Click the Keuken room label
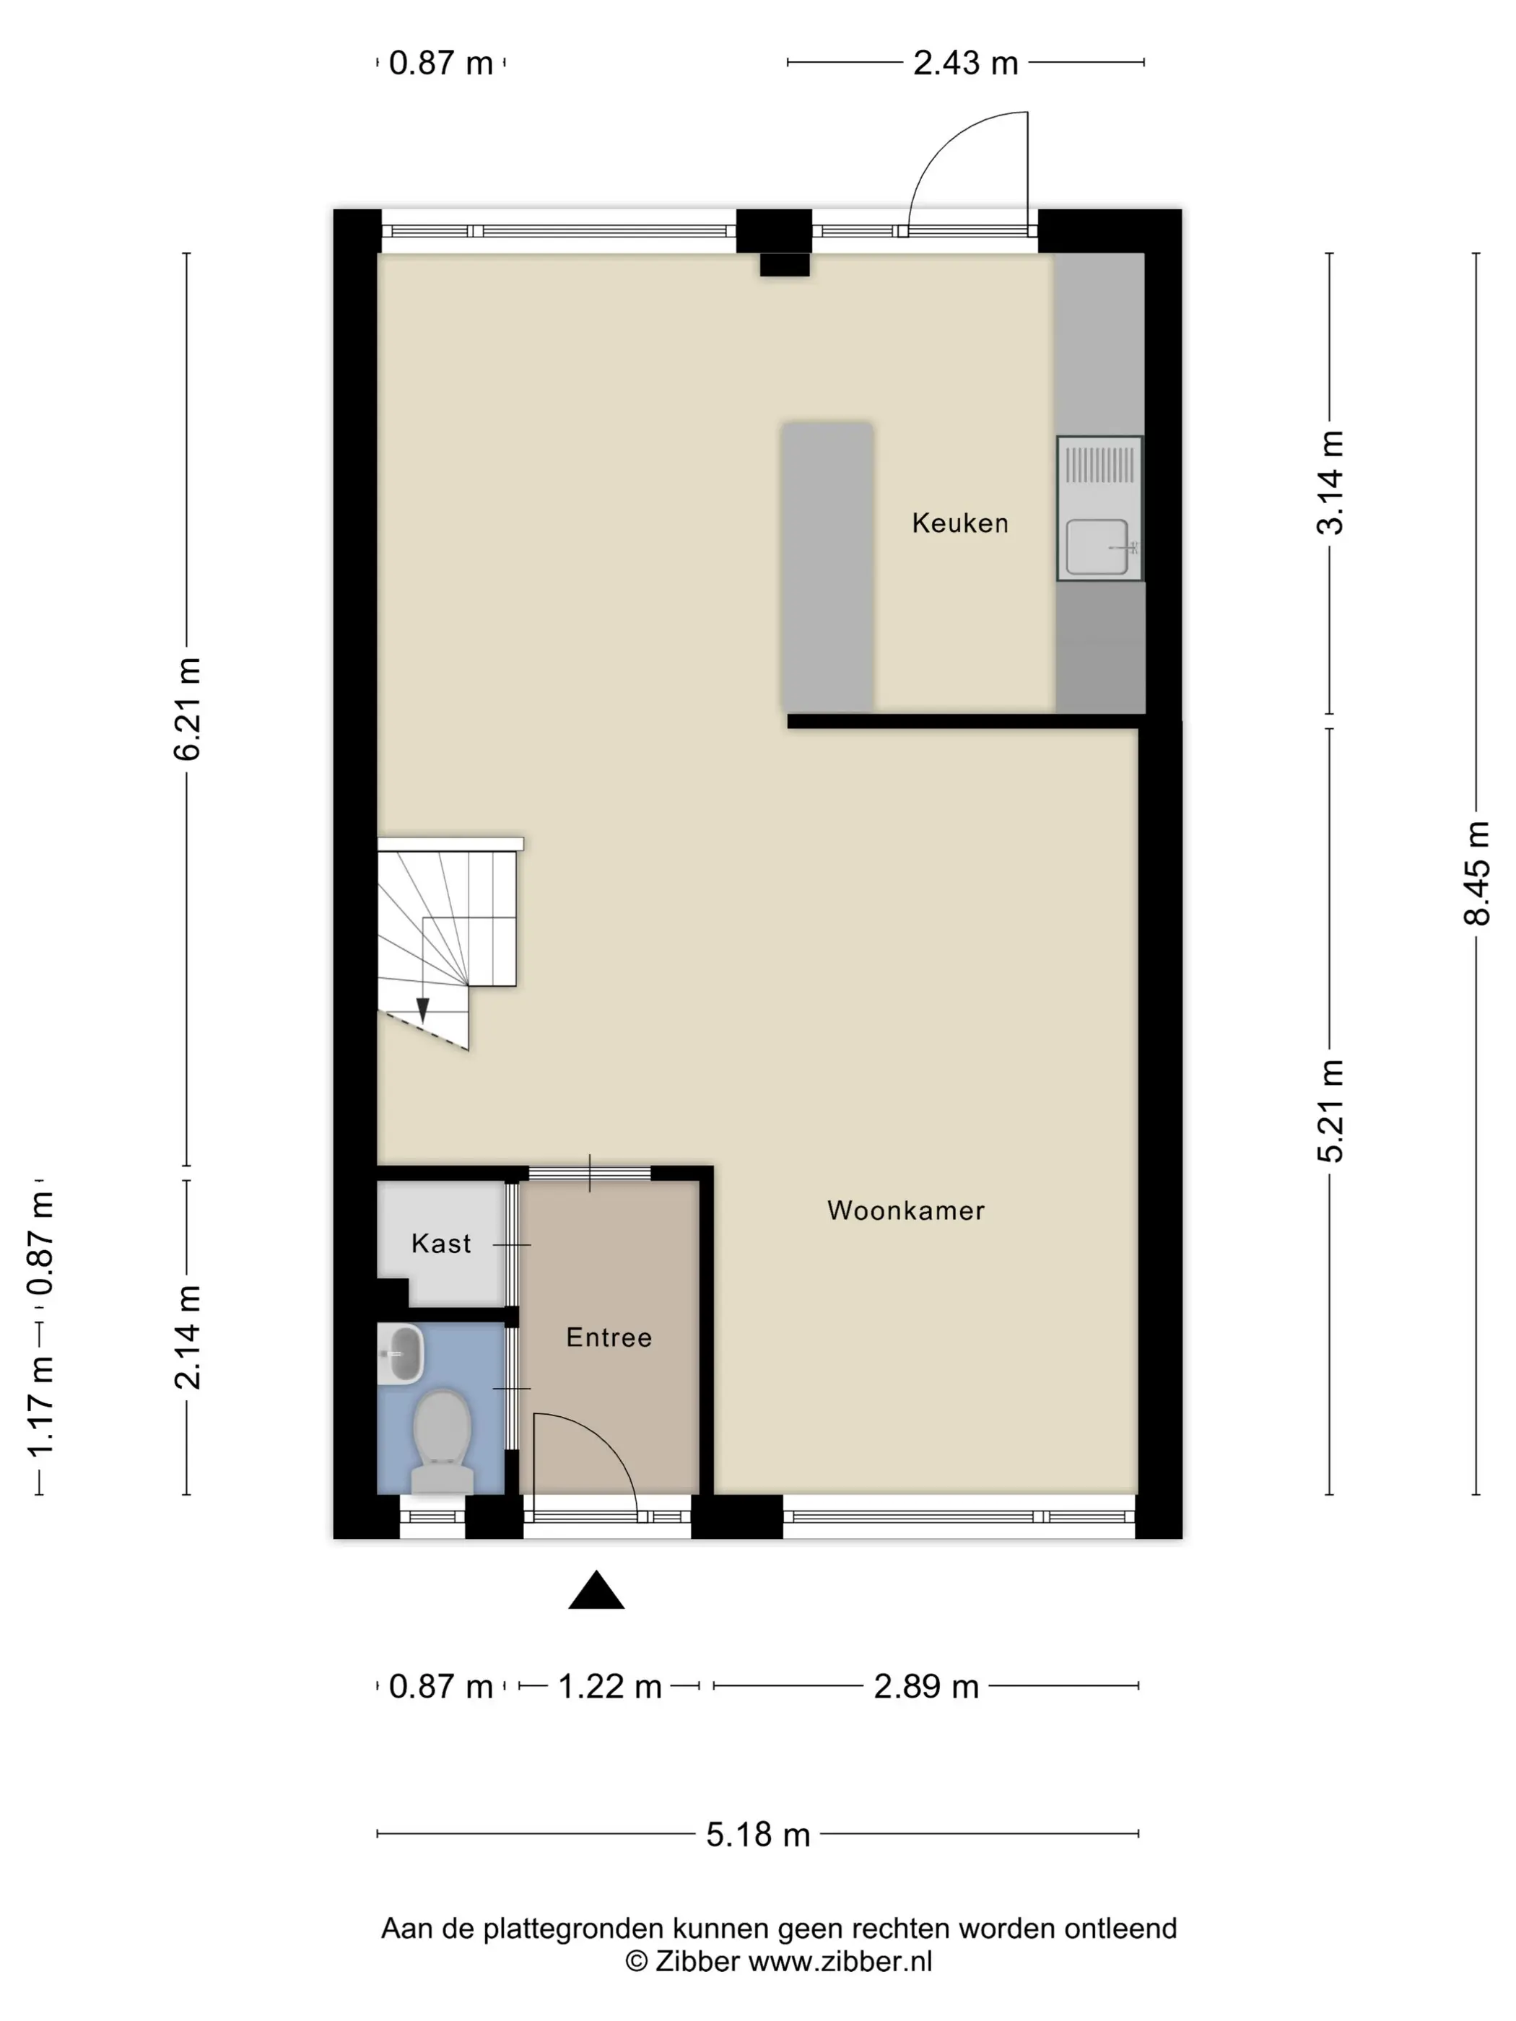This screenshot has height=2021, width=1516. click(959, 523)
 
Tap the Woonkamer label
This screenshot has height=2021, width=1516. click(905, 1210)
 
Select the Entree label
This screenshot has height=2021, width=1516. click(609, 1337)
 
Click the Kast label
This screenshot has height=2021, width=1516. click(441, 1244)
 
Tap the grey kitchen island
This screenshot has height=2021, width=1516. click(827, 566)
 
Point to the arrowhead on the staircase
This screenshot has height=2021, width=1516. click(422, 1010)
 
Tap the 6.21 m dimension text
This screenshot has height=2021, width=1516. click(187, 709)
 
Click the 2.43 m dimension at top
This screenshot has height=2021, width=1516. click(965, 63)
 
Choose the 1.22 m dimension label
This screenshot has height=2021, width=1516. click(609, 1687)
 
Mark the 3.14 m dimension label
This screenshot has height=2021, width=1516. click(1330, 482)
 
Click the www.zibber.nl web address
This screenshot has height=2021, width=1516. click(841, 1962)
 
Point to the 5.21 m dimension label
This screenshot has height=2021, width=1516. click(1330, 1111)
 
